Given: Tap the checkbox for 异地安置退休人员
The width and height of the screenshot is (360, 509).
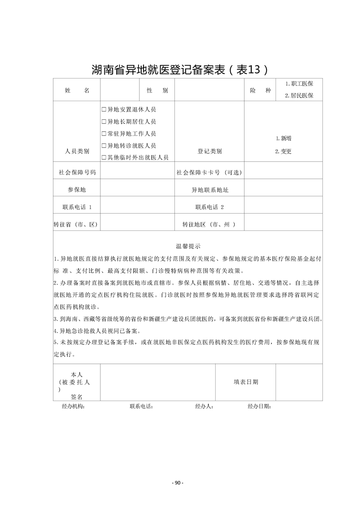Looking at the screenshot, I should (104, 109).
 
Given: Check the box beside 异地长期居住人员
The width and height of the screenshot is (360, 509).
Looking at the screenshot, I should (104, 122).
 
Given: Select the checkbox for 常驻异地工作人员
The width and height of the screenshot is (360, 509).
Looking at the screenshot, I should (104, 133).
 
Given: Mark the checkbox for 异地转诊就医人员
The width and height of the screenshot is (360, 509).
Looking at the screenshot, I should (104, 146).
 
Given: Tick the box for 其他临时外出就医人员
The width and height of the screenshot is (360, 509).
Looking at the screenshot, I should (104, 157).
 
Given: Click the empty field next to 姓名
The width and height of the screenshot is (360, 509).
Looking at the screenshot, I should (119, 90).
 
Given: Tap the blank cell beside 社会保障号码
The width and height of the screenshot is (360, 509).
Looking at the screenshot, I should (137, 172).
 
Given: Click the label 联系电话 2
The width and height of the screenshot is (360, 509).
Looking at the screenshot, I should (209, 207).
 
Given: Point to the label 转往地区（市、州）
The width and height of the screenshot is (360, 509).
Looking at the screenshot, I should (209, 224).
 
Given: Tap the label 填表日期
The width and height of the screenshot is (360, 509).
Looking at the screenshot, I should (246, 382).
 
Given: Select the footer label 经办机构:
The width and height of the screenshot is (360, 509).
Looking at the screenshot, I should (73, 406).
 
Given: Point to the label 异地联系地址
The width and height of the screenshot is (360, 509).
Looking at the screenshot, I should (209, 190).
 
